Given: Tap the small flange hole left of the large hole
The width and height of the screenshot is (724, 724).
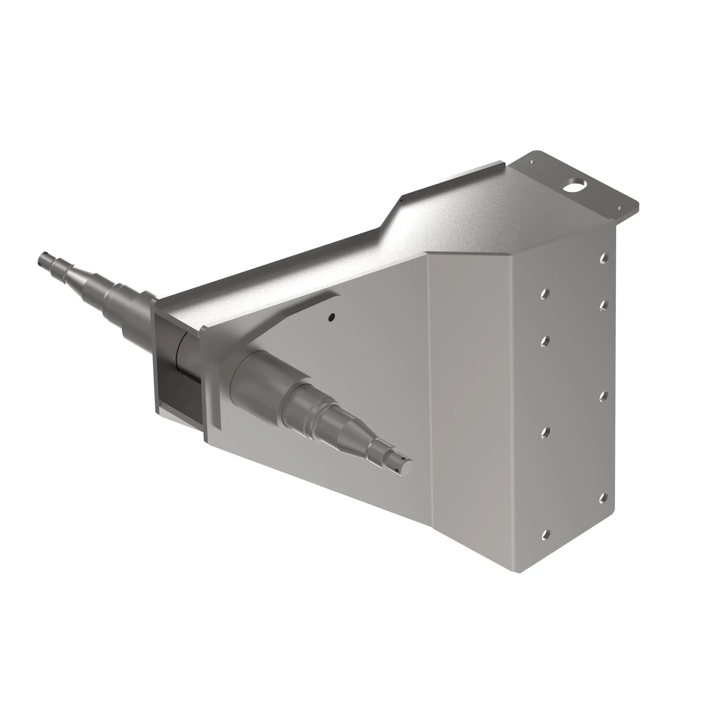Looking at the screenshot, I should (x=531, y=162).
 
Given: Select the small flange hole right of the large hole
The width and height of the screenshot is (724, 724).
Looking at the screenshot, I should (x=619, y=208).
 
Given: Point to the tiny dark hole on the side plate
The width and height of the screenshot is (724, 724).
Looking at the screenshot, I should (x=331, y=317).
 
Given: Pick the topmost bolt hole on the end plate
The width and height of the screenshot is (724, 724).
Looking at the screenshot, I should (x=603, y=258).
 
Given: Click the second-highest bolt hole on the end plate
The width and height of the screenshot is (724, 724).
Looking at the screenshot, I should (x=546, y=295).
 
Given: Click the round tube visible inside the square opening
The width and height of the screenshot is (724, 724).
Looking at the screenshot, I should (x=188, y=352).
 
